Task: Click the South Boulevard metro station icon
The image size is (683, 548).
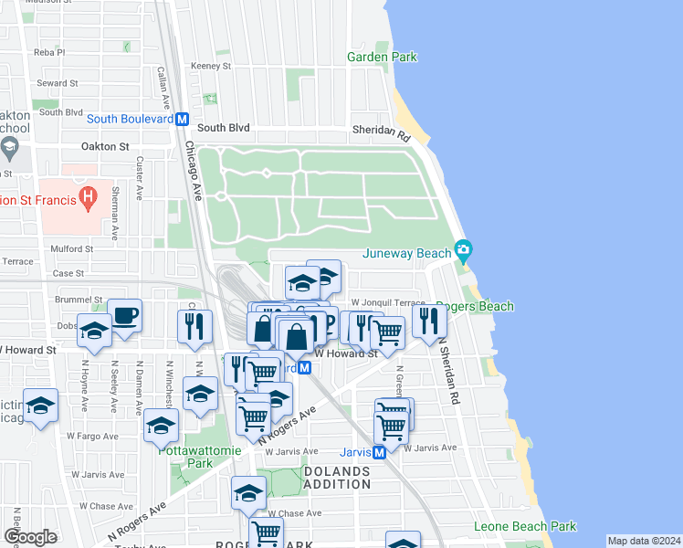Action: (183, 119)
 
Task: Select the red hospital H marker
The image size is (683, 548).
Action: (88, 195)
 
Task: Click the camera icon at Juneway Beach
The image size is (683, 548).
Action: (463, 249)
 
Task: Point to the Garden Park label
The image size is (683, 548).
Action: (382, 57)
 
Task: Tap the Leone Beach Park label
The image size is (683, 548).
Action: (525, 526)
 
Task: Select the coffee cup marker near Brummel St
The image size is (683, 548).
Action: (125, 317)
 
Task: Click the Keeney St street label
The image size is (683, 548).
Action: (211, 66)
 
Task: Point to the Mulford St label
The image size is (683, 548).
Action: (72, 248)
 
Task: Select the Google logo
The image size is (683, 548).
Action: (29, 537)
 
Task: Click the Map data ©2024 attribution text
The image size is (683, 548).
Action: (644, 541)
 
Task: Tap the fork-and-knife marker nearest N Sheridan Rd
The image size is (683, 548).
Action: (426, 321)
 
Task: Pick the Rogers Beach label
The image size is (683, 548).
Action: (474, 307)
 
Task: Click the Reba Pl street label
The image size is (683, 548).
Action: (49, 52)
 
